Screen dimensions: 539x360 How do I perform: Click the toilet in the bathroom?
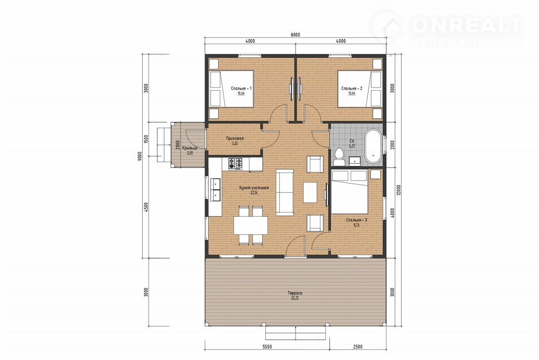coord(339,156)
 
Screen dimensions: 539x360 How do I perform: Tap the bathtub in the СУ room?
coord(373,146)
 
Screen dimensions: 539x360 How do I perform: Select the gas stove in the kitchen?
coord(235,163)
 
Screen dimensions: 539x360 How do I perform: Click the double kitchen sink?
coord(215,189)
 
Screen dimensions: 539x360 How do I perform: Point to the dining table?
coord(251,225)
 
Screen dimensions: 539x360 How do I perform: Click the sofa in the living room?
coord(285,192)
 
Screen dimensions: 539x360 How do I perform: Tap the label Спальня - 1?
coord(241,88)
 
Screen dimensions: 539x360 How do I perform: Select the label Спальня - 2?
coord(352,88)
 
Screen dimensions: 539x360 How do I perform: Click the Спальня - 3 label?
coord(357,220)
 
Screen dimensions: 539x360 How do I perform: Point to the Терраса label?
coord(295,293)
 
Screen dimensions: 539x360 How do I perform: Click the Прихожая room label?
coord(235,139)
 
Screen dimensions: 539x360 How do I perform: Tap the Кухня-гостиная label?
coord(254,188)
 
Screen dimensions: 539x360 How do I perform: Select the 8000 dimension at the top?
coord(295,35)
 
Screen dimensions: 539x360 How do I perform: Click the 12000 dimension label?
coord(399,190)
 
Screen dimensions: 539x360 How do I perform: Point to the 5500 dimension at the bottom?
coord(267,347)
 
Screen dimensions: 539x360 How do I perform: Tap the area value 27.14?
coord(254,192)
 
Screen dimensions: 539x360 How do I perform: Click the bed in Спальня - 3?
coord(350,192)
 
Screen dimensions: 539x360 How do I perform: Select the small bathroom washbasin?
coord(355,161)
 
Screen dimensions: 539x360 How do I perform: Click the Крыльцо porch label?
coord(189,148)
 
